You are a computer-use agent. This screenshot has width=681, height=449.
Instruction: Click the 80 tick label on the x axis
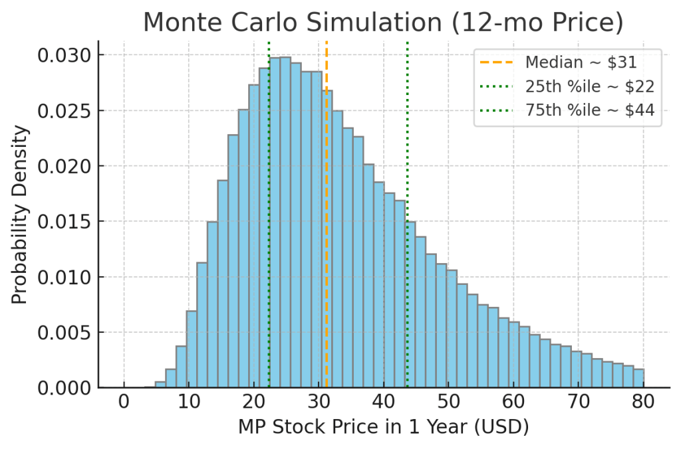coord(643,401)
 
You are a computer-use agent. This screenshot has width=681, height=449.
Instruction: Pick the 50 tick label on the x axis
coord(448,401)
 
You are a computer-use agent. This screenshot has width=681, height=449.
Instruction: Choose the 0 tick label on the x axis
coord(124,401)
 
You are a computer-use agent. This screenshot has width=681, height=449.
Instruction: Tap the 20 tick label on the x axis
coord(253,401)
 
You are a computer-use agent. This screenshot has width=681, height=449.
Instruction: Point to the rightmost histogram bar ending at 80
coord(638,378)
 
